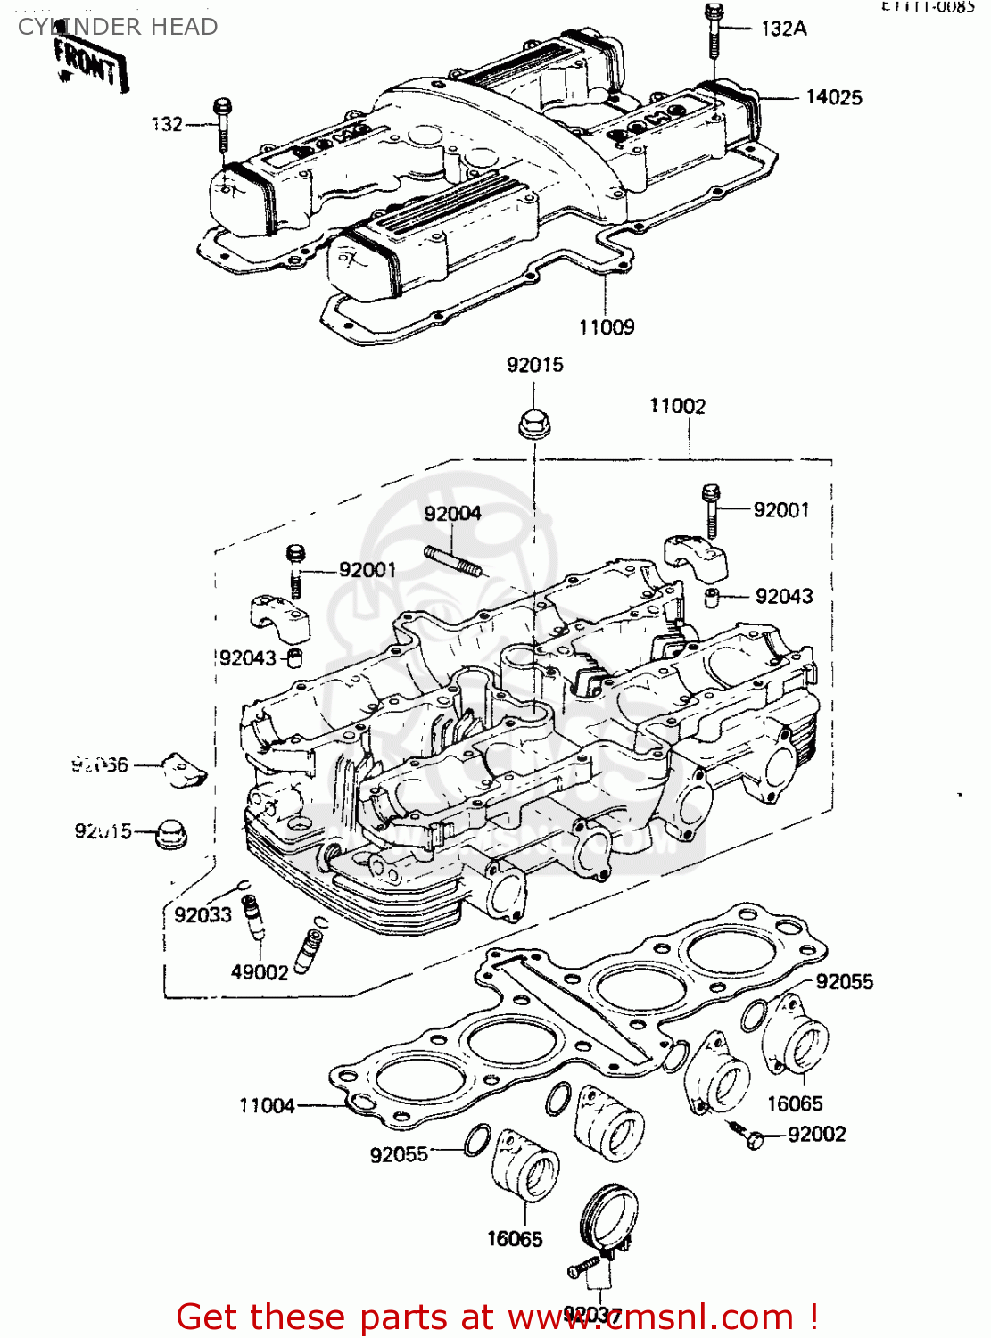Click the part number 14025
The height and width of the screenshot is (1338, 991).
(x=834, y=97)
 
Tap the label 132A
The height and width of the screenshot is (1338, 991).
(x=784, y=29)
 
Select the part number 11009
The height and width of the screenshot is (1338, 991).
(x=607, y=327)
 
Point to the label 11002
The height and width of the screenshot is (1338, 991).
(x=677, y=406)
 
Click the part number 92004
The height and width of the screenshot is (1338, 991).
(x=452, y=513)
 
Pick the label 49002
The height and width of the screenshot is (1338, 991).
(x=260, y=972)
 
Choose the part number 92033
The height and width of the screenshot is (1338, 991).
(x=202, y=914)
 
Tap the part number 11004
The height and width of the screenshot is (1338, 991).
(x=267, y=1105)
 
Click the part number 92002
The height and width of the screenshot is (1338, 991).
(x=817, y=1134)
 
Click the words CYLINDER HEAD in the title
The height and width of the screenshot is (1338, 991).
(x=118, y=27)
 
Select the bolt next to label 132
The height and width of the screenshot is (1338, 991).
(x=222, y=125)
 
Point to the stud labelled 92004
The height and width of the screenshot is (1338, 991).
(x=454, y=563)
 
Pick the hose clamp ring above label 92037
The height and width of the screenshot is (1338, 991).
(x=609, y=1217)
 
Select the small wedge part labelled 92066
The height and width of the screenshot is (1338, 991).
(x=186, y=770)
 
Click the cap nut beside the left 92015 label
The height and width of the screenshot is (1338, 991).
(x=169, y=832)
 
